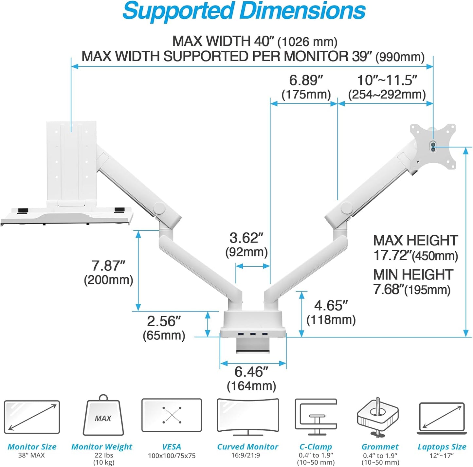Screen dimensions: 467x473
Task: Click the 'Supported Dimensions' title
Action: click(244, 11)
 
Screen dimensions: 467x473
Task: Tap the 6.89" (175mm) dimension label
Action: click(306, 87)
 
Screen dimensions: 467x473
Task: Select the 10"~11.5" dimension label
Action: click(387, 87)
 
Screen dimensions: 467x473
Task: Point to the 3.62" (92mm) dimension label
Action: click(246, 245)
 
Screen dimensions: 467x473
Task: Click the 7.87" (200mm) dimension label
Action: click(108, 273)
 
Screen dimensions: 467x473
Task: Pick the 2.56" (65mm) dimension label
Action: click(164, 328)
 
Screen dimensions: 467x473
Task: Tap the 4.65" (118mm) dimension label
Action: click(331, 313)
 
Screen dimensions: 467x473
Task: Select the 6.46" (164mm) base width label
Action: click(251, 379)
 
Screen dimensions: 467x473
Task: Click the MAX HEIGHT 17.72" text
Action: click(415, 248)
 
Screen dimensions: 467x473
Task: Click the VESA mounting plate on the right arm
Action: click(433, 146)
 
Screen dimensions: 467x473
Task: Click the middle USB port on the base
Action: click(253, 334)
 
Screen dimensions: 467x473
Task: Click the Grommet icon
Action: click(378, 417)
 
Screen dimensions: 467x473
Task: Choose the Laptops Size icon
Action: click(442, 418)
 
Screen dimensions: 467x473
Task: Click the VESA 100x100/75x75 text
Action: click(172, 455)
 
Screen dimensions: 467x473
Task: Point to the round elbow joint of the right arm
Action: click(346, 207)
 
